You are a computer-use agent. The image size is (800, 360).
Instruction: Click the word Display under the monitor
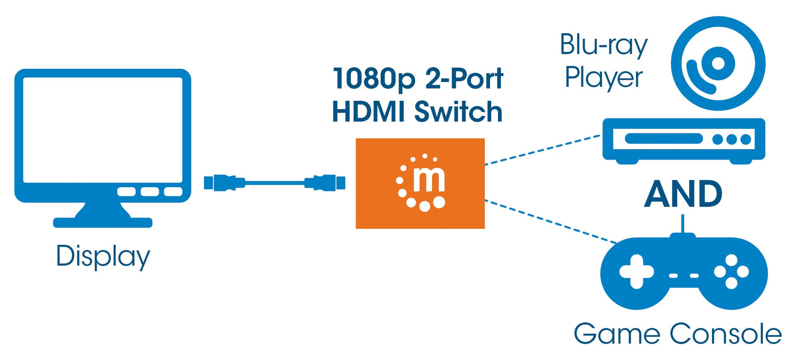pyautogui.click(x=103, y=257)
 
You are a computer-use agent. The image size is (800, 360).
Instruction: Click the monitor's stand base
pyautogui.click(x=102, y=222)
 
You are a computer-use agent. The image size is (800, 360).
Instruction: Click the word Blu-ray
pyautogui.click(x=603, y=45)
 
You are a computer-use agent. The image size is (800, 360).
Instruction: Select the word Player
pyautogui.click(x=603, y=78)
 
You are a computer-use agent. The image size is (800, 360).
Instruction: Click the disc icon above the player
pyautogui.click(x=718, y=64)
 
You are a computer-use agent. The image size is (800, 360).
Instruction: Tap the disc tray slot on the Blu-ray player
pyautogui.click(x=659, y=139)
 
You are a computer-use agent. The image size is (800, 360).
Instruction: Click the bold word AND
pyautogui.click(x=683, y=194)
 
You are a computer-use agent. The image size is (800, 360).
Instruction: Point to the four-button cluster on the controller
pyautogui.click(x=731, y=271)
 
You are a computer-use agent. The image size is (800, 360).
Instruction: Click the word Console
pyautogui.click(x=725, y=334)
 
